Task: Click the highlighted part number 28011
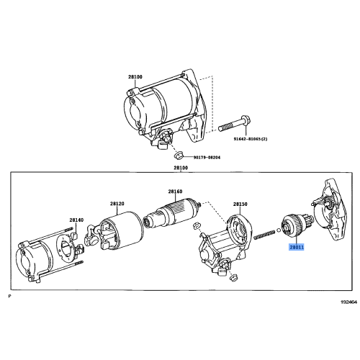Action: [x=296, y=246]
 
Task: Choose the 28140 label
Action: [x=76, y=220]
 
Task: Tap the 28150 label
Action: [x=240, y=204]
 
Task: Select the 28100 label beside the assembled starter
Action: [x=136, y=76]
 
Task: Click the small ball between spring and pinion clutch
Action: [x=280, y=232]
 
